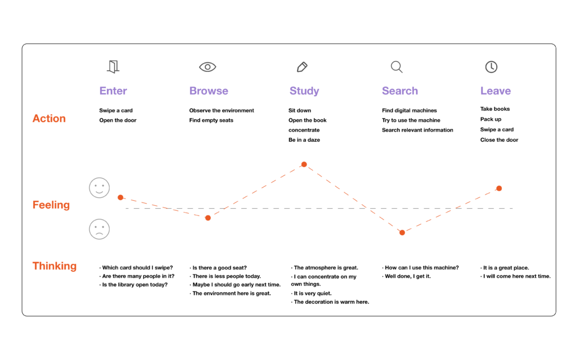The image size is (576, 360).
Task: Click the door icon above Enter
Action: (113, 67)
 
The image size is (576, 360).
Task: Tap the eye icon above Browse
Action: (208, 67)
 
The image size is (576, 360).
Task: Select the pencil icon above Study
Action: (302, 67)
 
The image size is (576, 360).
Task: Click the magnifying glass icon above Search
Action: (397, 67)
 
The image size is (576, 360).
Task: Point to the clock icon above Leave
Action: (491, 67)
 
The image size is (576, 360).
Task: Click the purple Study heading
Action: (304, 91)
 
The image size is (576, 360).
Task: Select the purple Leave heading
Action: (496, 91)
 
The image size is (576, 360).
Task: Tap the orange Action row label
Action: (49, 118)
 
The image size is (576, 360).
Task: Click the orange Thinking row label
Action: (55, 266)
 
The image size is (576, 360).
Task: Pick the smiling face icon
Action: (99, 188)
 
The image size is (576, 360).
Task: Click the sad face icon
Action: (99, 229)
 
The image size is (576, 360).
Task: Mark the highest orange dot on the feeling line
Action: (304, 164)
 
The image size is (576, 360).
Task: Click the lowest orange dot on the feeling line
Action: (402, 232)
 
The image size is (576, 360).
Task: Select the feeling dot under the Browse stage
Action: (208, 218)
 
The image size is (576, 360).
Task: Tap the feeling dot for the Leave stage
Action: (499, 188)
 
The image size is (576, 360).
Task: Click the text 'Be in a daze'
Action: (304, 140)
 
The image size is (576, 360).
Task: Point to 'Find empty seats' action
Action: (211, 120)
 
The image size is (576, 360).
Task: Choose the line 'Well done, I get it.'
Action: (408, 276)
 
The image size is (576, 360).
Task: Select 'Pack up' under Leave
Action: (490, 119)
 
